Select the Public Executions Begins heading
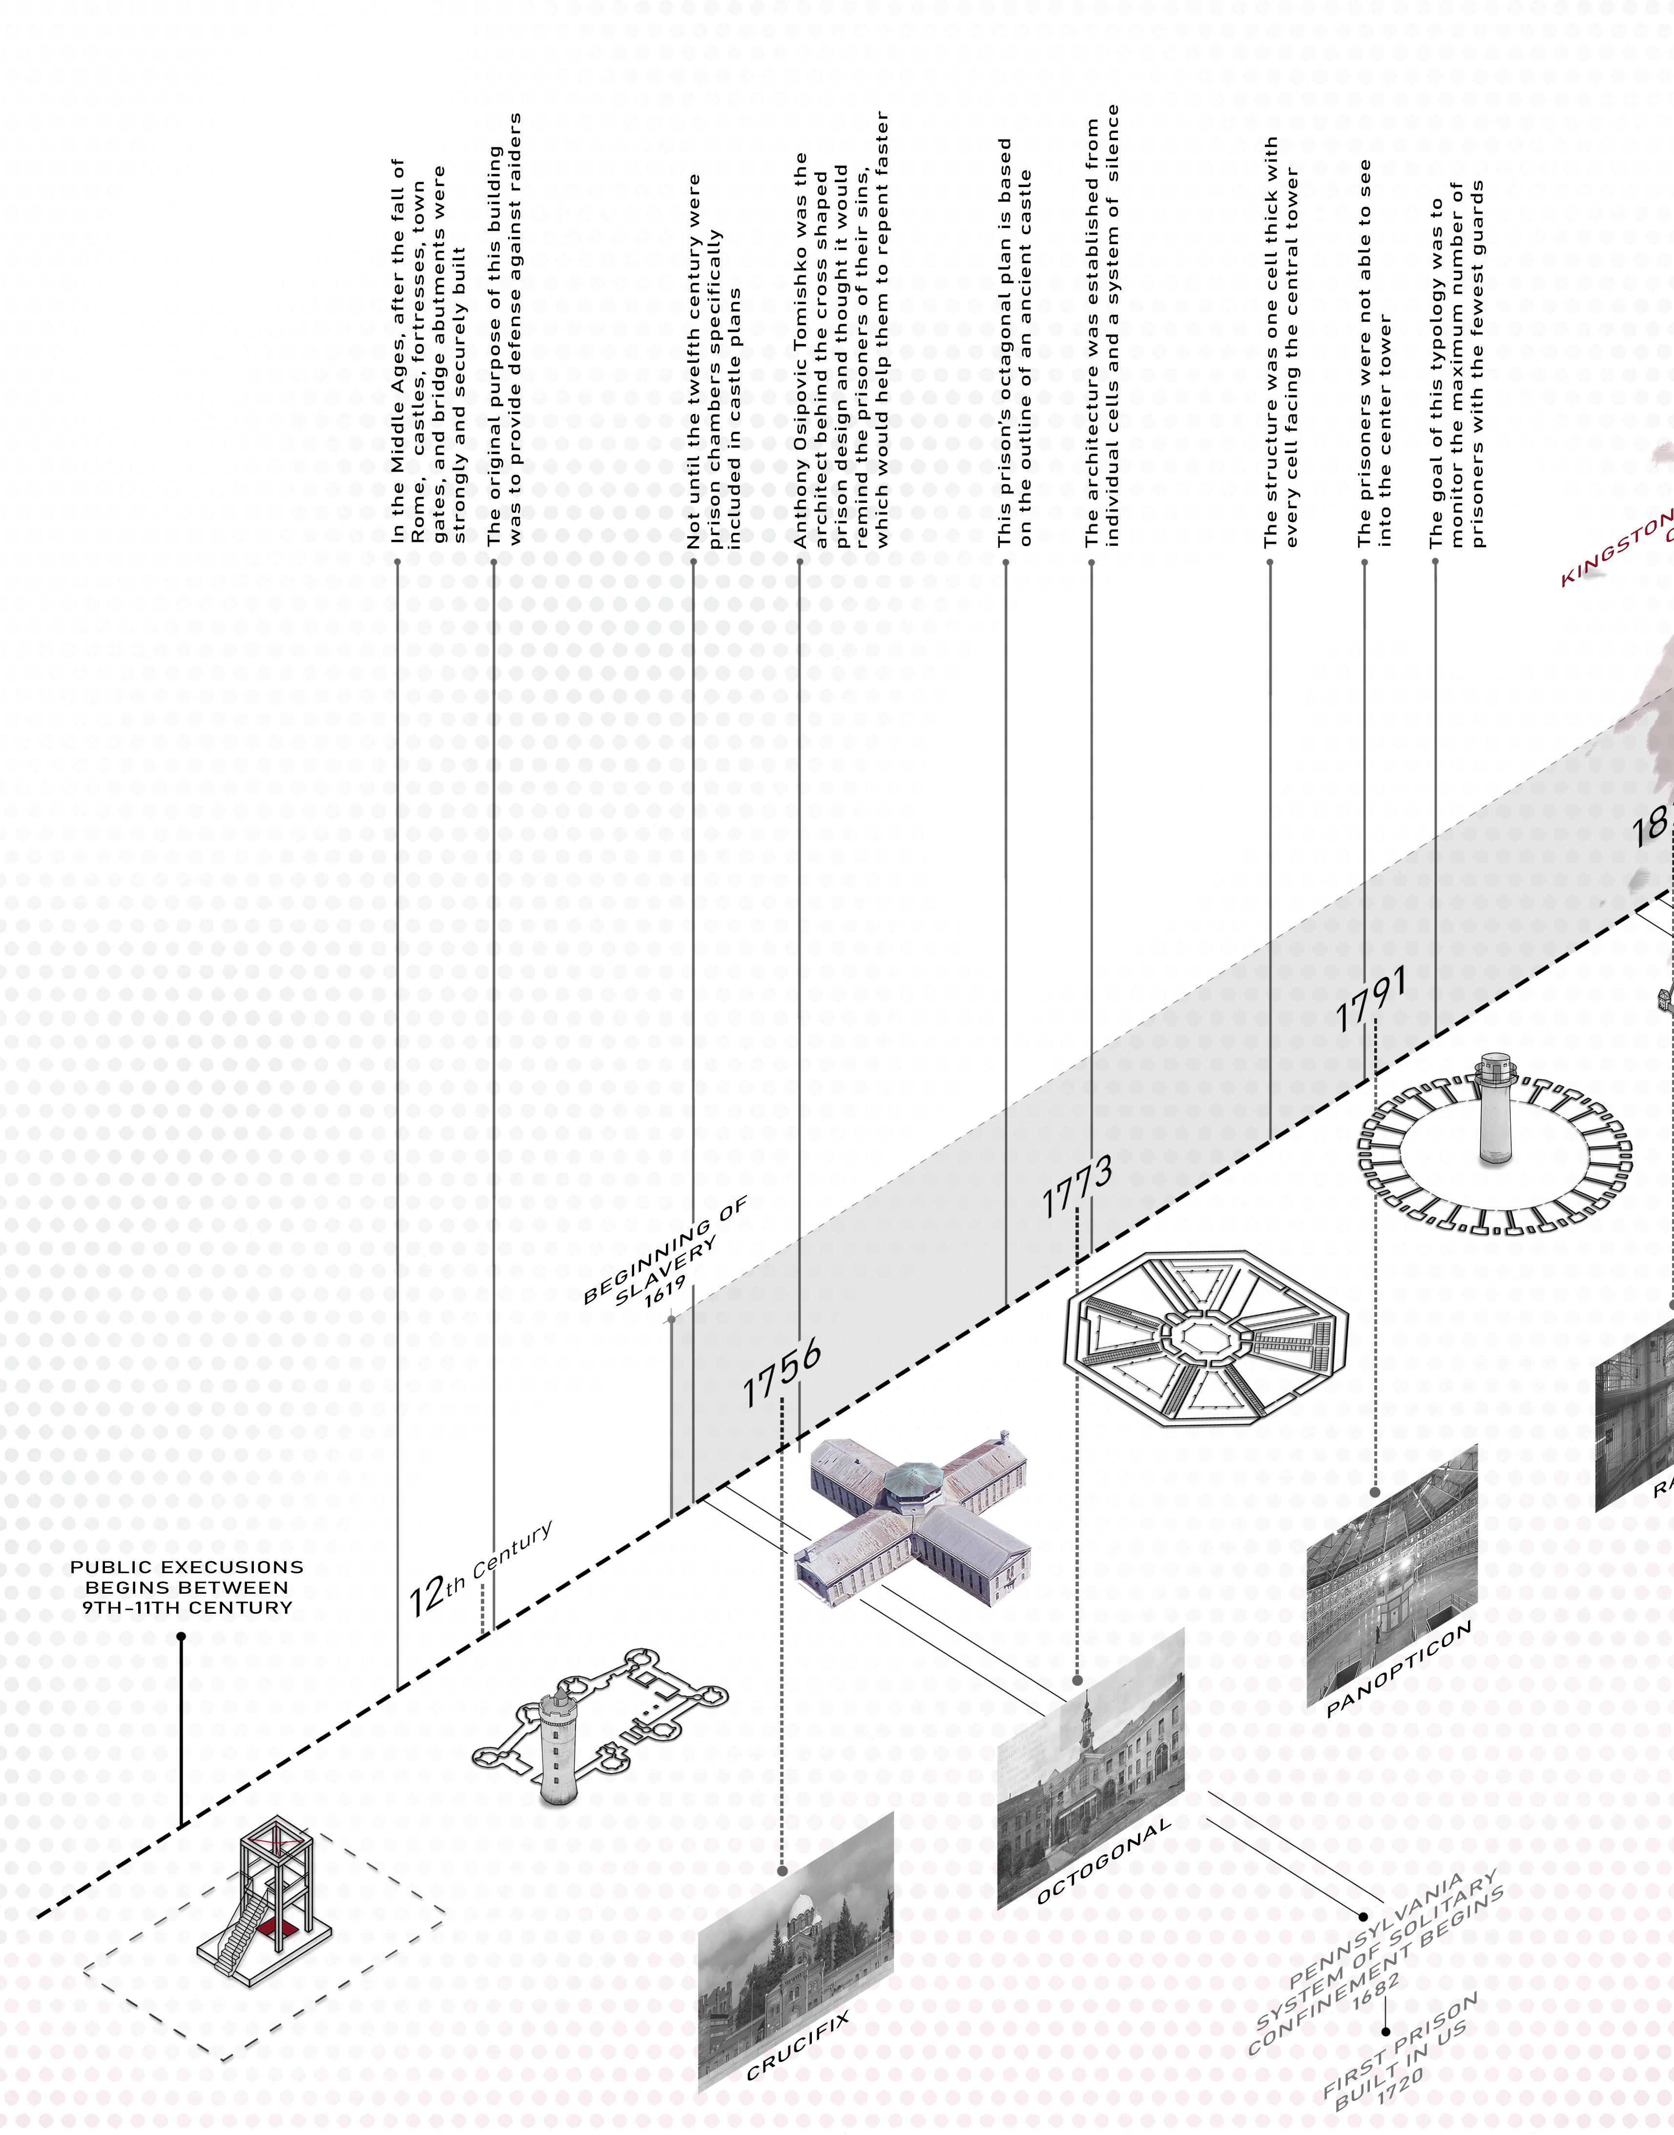tap(186, 1587)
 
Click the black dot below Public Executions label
tap(181, 1636)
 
